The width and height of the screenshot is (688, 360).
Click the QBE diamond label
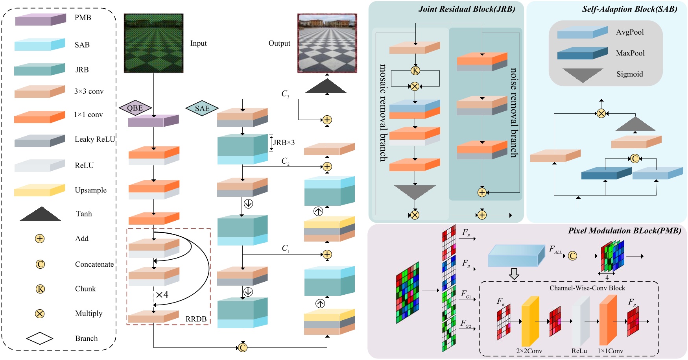tap(135, 108)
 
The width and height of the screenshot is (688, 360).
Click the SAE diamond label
tap(202, 109)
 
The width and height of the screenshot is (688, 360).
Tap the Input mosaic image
tap(153, 43)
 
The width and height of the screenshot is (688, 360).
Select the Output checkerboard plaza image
tap(327, 43)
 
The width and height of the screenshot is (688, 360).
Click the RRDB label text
tap(196, 319)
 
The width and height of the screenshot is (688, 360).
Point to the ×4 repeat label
tap(162, 295)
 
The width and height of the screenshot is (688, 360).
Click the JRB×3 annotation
tap(284, 142)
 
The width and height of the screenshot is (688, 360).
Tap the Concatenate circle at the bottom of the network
tap(243, 347)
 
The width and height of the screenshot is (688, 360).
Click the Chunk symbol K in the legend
tap(40, 289)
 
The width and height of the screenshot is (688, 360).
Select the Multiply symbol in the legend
tap(40, 314)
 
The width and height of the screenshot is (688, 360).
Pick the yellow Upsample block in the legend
tap(39, 190)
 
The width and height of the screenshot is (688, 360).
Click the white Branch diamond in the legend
tap(40, 338)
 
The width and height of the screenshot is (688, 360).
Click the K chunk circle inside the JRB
tap(415, 71)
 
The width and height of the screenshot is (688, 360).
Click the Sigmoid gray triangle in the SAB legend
tap(582, 75)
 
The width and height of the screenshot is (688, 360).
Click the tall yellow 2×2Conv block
tap(530, 321)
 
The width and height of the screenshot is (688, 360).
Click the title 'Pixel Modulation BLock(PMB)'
tap(624, 231)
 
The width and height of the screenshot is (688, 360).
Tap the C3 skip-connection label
tap(285, 94)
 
